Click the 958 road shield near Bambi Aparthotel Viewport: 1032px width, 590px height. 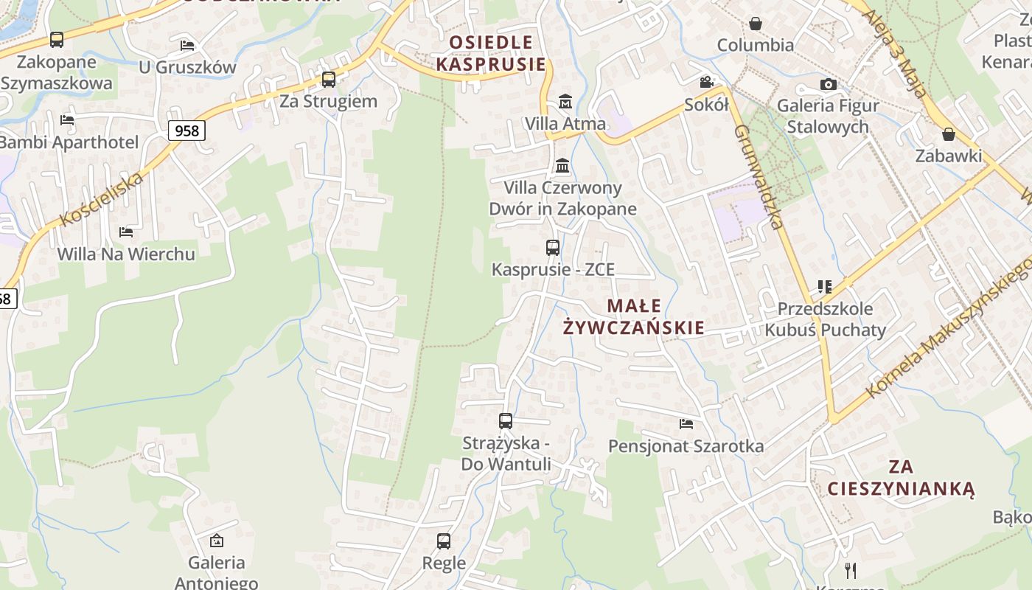(187, 131)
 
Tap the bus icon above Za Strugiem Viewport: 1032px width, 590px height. (329, 79)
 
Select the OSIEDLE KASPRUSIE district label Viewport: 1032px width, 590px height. (491, 53)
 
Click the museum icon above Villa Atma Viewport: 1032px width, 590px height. (565, 102)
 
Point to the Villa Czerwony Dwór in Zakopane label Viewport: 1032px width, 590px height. (562, 198)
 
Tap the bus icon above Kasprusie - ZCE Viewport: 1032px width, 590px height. (553, 248)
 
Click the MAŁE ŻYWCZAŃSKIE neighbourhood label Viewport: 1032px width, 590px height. (634, 316)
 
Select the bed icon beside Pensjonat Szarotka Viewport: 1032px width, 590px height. (686, 424)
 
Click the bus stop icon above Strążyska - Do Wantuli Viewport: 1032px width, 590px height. (506, 421)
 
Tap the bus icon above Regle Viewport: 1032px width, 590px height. (444, 541)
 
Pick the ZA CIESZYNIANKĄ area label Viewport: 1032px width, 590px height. (901, 477)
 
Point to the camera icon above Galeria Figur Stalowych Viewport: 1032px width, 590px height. (828, 85)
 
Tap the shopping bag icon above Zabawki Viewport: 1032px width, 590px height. (949, 134)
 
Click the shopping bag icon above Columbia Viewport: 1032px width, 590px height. (756, 24)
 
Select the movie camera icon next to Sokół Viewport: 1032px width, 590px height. (706, 82)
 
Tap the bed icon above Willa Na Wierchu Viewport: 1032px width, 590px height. (126, 232)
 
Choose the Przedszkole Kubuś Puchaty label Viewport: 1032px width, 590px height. (825, 319)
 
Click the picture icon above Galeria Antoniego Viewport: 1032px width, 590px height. (217, 541)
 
